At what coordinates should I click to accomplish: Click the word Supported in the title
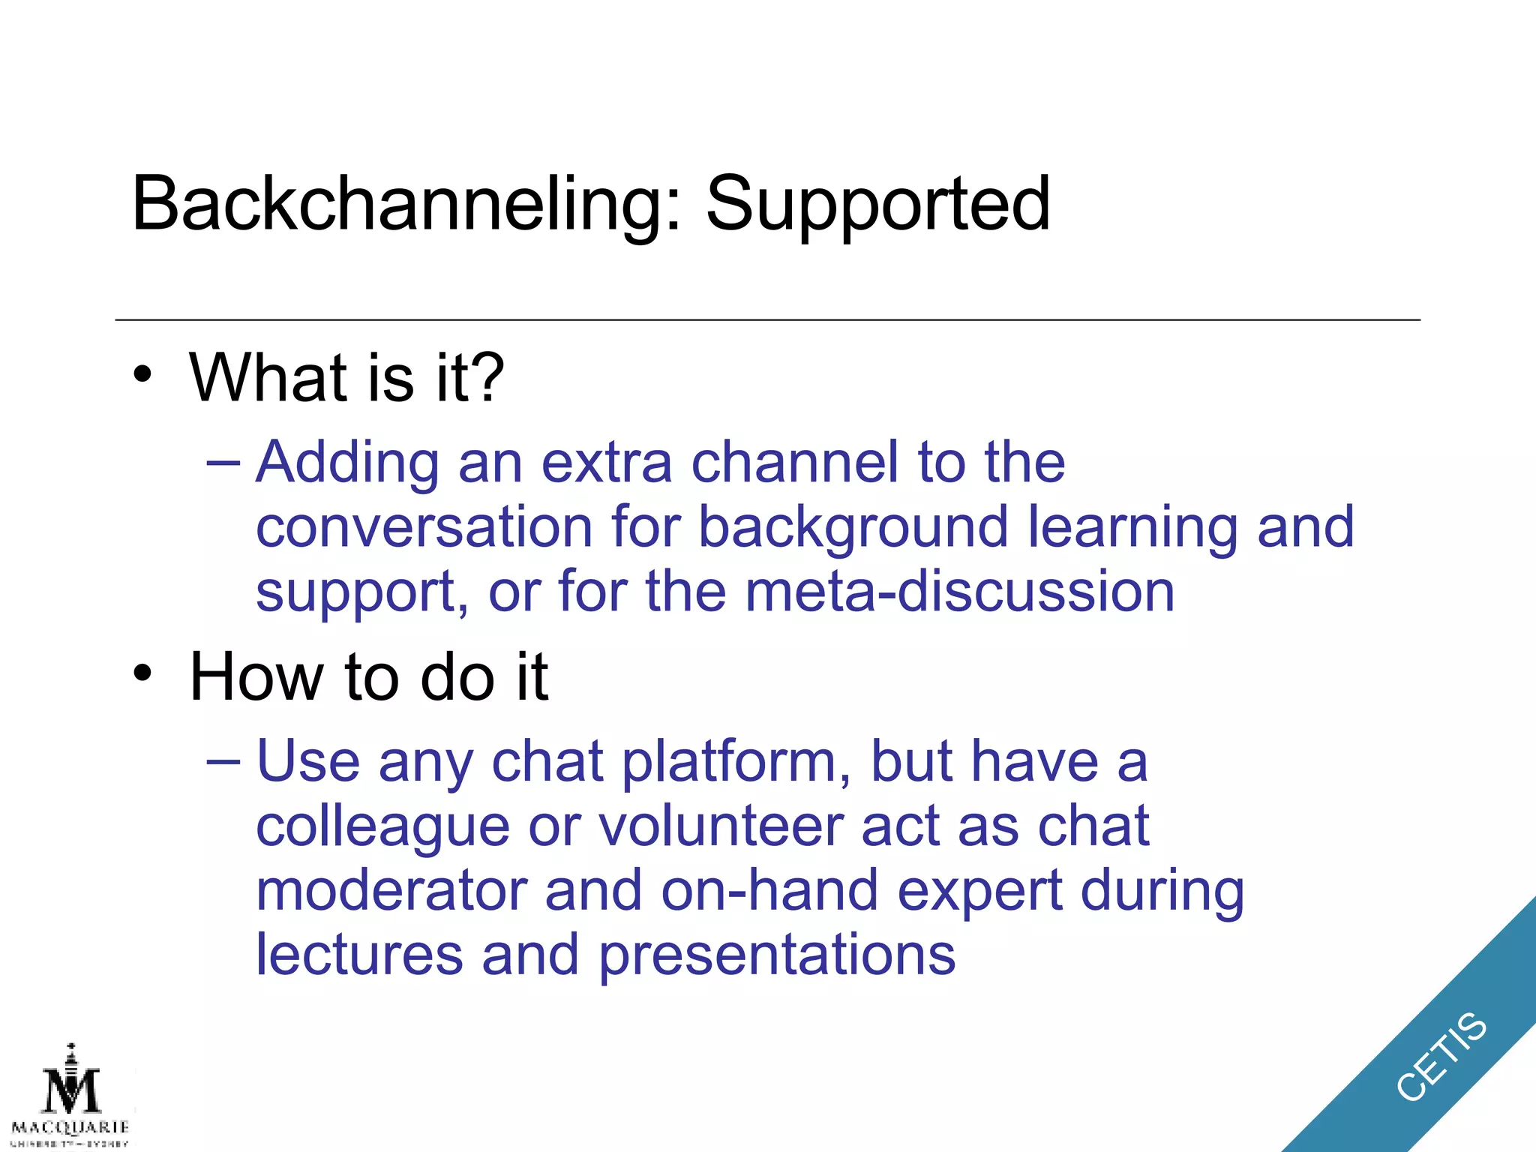877,204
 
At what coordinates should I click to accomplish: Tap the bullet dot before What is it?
142,373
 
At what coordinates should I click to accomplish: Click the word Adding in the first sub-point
347,463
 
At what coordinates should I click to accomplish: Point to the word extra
606,463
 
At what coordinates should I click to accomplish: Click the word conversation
424,527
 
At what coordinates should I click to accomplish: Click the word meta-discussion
959,591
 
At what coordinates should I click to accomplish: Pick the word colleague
383,828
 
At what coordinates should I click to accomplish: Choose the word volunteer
720,826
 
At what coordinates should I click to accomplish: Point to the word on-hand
769,890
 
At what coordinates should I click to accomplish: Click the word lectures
359,954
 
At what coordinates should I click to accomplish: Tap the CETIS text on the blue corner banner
1441,1056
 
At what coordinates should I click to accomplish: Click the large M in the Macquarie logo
71,1091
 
